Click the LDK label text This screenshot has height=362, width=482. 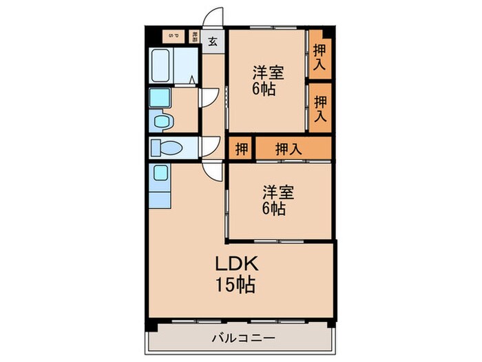coord(239,264)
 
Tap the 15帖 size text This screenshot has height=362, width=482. coord(239,283)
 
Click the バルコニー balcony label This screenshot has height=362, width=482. coord(241,339)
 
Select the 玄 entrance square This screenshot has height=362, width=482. coord(213,40)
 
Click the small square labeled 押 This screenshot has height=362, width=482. coord(241,148)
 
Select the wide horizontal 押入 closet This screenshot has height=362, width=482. coord(289,148)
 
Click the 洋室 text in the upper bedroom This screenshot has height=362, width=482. coord(267,72)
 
